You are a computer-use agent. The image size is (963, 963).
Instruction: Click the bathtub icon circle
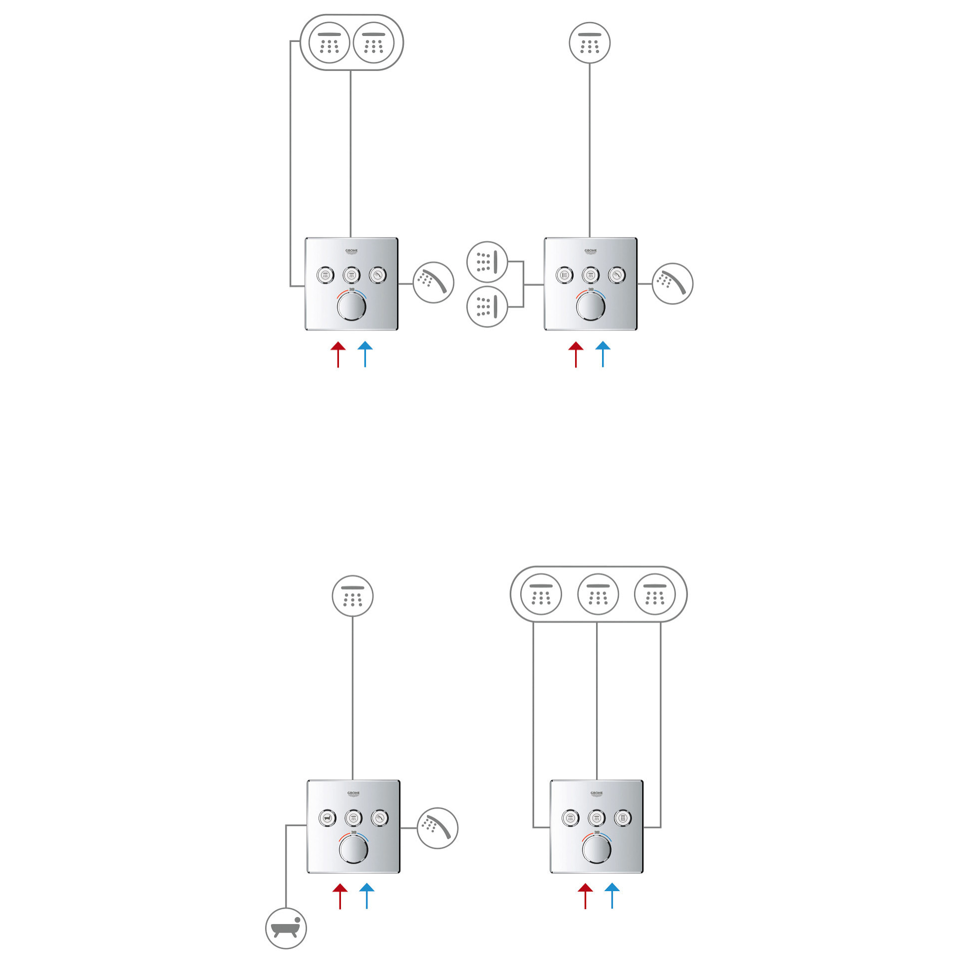[286, 928]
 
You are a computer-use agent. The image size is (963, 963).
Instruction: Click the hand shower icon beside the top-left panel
[433, 283]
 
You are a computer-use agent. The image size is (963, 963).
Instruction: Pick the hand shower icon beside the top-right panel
[672, 284]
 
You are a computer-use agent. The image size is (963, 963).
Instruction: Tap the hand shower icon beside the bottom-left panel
[437, 828]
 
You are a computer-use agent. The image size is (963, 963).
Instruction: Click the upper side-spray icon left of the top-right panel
[487, 263]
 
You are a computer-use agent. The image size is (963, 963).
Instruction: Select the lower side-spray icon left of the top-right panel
[487, 307]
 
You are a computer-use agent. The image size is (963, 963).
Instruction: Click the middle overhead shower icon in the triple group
[598, 594]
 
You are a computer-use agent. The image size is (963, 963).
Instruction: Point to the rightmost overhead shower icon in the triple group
[654, 594]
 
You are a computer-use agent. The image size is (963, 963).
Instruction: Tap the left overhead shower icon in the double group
[329, 43]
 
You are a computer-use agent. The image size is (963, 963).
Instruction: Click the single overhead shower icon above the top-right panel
[590, 43]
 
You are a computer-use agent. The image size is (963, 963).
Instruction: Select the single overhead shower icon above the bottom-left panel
[352, 596]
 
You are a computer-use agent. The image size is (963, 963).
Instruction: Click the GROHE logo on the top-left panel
[351, 251]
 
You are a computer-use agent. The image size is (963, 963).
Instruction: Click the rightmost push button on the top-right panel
[617, 275]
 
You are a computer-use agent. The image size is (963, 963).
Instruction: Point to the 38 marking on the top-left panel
[351, 290]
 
